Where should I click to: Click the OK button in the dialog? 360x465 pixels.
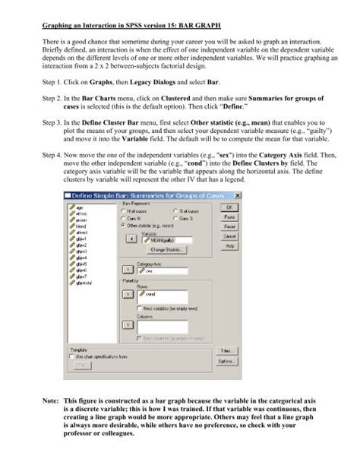(x=230, y=207)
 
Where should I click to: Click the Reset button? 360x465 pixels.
(x=230, y=226)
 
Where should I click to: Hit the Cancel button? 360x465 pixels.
(x=230, y=236)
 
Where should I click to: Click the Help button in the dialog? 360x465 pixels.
(x=230, y=246)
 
